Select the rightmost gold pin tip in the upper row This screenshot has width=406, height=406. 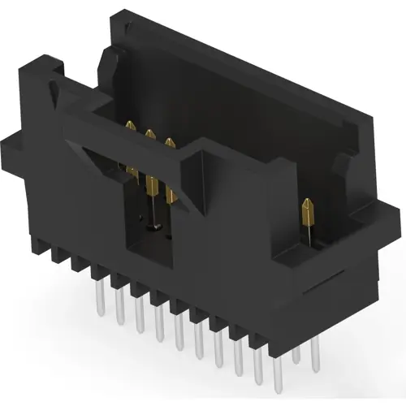click(169, 144)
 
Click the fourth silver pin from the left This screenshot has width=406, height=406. click(159, 326)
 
